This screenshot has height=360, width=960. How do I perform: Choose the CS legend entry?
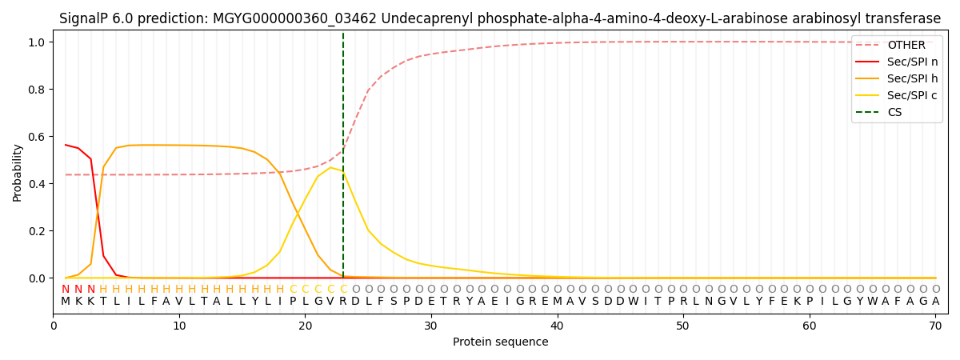tap(894, 112)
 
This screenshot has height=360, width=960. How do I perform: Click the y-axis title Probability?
tap(17, 172)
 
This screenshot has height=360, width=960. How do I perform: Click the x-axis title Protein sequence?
tap(501, 342)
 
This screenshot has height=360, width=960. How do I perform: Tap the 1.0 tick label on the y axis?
tap(38, 42)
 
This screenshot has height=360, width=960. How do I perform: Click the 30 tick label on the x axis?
tap(430, 326)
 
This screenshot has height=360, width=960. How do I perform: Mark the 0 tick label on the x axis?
tap(54, 326)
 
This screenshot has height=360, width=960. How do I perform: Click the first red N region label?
tap(66, 290)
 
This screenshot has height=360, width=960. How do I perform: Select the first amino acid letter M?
tap(66, 302)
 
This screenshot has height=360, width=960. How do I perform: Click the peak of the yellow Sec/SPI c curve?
tap(330, 167)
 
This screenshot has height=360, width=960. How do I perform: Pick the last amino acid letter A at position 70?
tap(935, 302)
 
